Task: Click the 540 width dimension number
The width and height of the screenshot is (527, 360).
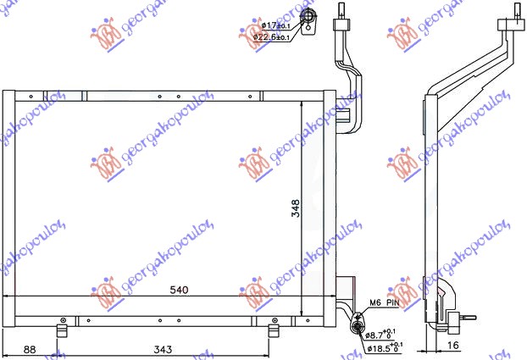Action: click(179, 290)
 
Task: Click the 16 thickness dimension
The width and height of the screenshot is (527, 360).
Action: click(454, 346)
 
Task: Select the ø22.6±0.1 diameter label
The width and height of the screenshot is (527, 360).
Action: click(273, 37)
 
